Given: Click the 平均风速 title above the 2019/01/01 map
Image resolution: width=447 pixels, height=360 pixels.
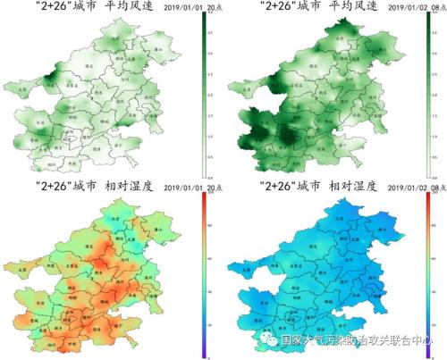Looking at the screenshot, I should pyautogui.click(x=128, y=7).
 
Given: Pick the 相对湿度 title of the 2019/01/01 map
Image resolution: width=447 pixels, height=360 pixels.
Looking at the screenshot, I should pyautogui.click(x=128, y=188).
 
